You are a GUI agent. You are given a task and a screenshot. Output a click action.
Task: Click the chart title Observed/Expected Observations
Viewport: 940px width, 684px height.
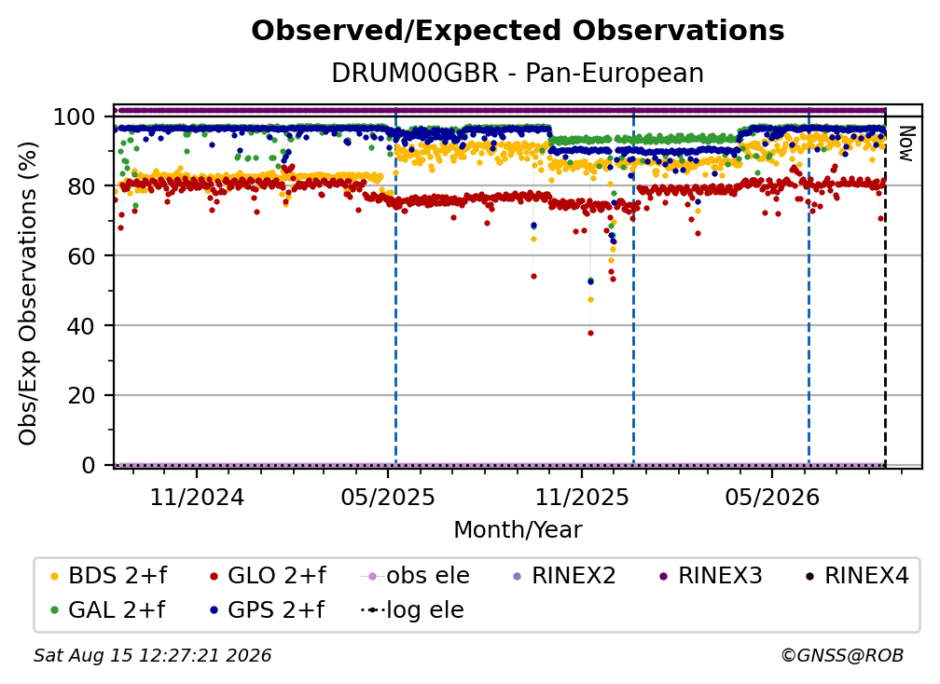[518, 31]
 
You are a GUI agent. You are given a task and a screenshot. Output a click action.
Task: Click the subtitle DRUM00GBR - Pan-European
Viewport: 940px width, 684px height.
[518, 73]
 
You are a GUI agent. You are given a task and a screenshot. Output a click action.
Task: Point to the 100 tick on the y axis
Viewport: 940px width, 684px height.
[75, 116]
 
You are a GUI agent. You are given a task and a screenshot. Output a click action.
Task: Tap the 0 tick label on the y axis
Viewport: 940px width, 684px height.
[89, 465]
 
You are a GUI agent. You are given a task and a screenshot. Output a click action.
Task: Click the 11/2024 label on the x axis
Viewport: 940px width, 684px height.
[197, 497]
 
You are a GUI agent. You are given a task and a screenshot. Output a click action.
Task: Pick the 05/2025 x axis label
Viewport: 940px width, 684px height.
[388, 497]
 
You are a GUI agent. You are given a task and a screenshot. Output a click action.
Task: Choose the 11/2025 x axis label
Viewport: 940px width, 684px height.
[582, 497]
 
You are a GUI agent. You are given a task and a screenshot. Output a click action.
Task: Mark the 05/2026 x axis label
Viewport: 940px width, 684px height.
[772, 497]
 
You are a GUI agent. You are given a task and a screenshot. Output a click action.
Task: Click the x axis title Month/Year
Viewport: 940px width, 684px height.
[518, 529]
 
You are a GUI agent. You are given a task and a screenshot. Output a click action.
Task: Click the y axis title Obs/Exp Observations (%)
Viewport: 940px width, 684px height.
[28, 293]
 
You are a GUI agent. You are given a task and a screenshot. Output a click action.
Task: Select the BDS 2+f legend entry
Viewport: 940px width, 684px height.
[109, 576]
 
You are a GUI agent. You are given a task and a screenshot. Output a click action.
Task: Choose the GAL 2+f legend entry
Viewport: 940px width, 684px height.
[108, 609]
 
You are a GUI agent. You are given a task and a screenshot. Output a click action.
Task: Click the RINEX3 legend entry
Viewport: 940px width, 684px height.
[711, 576]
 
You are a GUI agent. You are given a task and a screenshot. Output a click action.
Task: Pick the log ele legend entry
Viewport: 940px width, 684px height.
[412, 609]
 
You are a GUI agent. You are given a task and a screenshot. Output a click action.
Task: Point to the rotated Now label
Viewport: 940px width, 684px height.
[905, 144]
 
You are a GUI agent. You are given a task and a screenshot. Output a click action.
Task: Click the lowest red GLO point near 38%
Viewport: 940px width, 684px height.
[590, 333]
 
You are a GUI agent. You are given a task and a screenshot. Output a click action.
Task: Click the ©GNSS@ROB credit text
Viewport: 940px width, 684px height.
[842, 656]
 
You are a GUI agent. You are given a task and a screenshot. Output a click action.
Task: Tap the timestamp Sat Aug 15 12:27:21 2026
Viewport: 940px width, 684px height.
[152, 656]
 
